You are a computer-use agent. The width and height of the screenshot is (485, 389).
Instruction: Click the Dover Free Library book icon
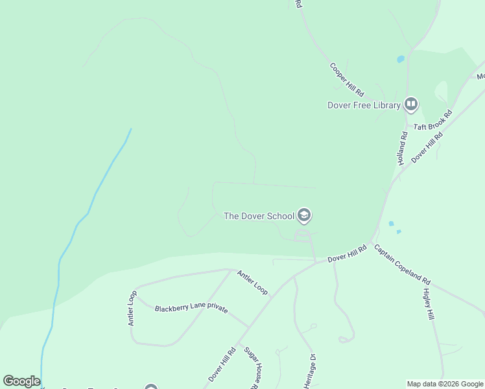[x=410, y=104]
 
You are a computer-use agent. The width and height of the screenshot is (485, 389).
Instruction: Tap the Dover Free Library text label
[x=364, y=105]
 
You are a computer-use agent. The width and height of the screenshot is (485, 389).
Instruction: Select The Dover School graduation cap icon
[x=303, y=215]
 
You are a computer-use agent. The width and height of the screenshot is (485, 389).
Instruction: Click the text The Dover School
[x=259, y=216]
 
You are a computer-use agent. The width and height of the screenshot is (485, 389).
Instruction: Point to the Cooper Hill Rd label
[x=347, y=79]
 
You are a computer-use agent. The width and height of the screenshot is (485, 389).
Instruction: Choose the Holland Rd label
[x=403, y=148]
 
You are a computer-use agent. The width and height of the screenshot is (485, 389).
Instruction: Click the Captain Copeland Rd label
[x=402, y=265]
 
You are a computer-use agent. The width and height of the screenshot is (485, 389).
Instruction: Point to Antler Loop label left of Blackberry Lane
[x=132, y=308]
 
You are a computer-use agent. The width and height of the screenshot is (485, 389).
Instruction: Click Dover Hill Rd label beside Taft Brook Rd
[x=427, y=148]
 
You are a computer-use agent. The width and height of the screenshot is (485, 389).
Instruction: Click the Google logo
[x=21, y=381]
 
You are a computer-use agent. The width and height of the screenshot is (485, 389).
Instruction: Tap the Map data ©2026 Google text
[x=445, y=384]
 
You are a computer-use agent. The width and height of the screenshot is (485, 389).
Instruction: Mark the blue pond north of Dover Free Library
[x=400, y=59]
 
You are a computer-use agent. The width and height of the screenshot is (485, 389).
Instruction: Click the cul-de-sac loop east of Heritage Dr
[x=347, y=338]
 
